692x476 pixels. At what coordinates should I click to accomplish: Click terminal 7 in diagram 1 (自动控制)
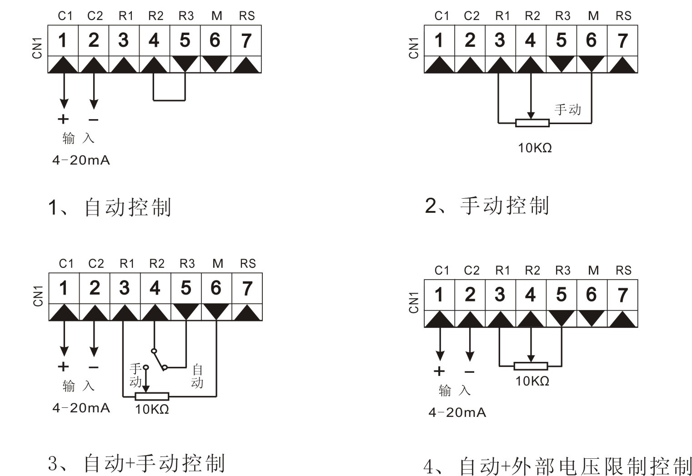(x=246, y=40)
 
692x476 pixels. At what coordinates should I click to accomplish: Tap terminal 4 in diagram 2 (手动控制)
(x=530, y=40)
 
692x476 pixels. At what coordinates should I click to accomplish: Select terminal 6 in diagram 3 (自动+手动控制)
(x=216, y=288)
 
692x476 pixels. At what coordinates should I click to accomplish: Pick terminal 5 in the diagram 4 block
(x=561, y=295)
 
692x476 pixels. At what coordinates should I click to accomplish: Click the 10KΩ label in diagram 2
(x=535, y=148)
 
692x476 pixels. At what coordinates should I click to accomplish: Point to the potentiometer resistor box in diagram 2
(x=532, y=123)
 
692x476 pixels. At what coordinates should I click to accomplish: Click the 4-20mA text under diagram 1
(x=81, y=160)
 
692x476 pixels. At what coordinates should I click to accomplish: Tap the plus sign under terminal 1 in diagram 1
(x=63, y=119)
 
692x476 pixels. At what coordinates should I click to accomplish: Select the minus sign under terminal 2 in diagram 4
(x=470, y=371)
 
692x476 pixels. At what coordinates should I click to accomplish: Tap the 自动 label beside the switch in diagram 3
(x=197, y=376)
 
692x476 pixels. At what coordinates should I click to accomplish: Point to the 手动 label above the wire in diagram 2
(x=567, y=110)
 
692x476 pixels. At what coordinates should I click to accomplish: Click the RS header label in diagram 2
(x=623, y=16)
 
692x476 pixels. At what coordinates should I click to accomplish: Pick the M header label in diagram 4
(x=593, y=271)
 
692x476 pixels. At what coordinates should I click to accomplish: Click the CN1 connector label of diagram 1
(x=37, y=48)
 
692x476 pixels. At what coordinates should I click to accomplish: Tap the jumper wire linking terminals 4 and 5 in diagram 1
(x=169, y=100)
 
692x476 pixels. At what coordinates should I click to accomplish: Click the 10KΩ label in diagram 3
(x=152, y=409)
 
